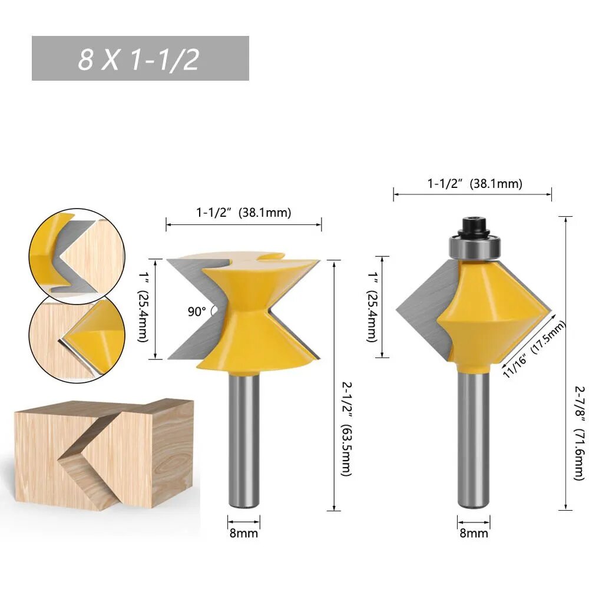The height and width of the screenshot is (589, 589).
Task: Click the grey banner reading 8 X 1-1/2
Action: pyautogui.click(x=140, y=58)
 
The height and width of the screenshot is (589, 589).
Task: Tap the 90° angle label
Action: pyautogui.click(x=197, y=312)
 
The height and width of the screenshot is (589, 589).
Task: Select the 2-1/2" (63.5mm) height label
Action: pyautogui.click(x=346, y=429)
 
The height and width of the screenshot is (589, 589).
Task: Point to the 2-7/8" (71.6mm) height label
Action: pyautogui.click(x=579, y=433)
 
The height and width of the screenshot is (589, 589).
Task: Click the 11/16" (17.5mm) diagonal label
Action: pyautogui.click(x=534, y=349)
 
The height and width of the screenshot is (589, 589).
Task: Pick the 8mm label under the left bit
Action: pyautogui.click(x=244, y=533)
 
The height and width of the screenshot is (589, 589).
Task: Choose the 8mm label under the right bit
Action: pyautogui.click(x=474, y=533)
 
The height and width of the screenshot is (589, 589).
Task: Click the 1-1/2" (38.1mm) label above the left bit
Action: pyautogui.click(x=244, y=213)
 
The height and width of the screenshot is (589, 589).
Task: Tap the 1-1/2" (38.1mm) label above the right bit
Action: pyautogui.click(x=475, y=184)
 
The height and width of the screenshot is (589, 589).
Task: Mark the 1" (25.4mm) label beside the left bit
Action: pyautogui.click(x=144, y=307)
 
